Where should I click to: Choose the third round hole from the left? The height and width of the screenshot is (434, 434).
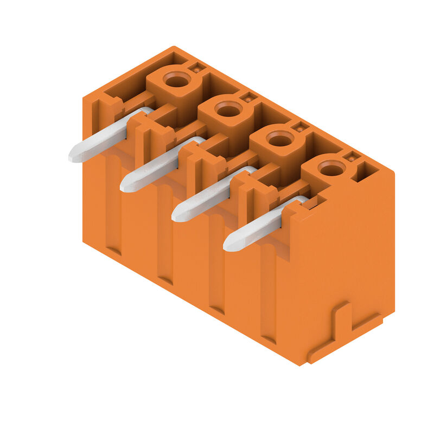coord(280,141)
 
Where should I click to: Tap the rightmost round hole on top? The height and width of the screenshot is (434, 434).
coord(331,170)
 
